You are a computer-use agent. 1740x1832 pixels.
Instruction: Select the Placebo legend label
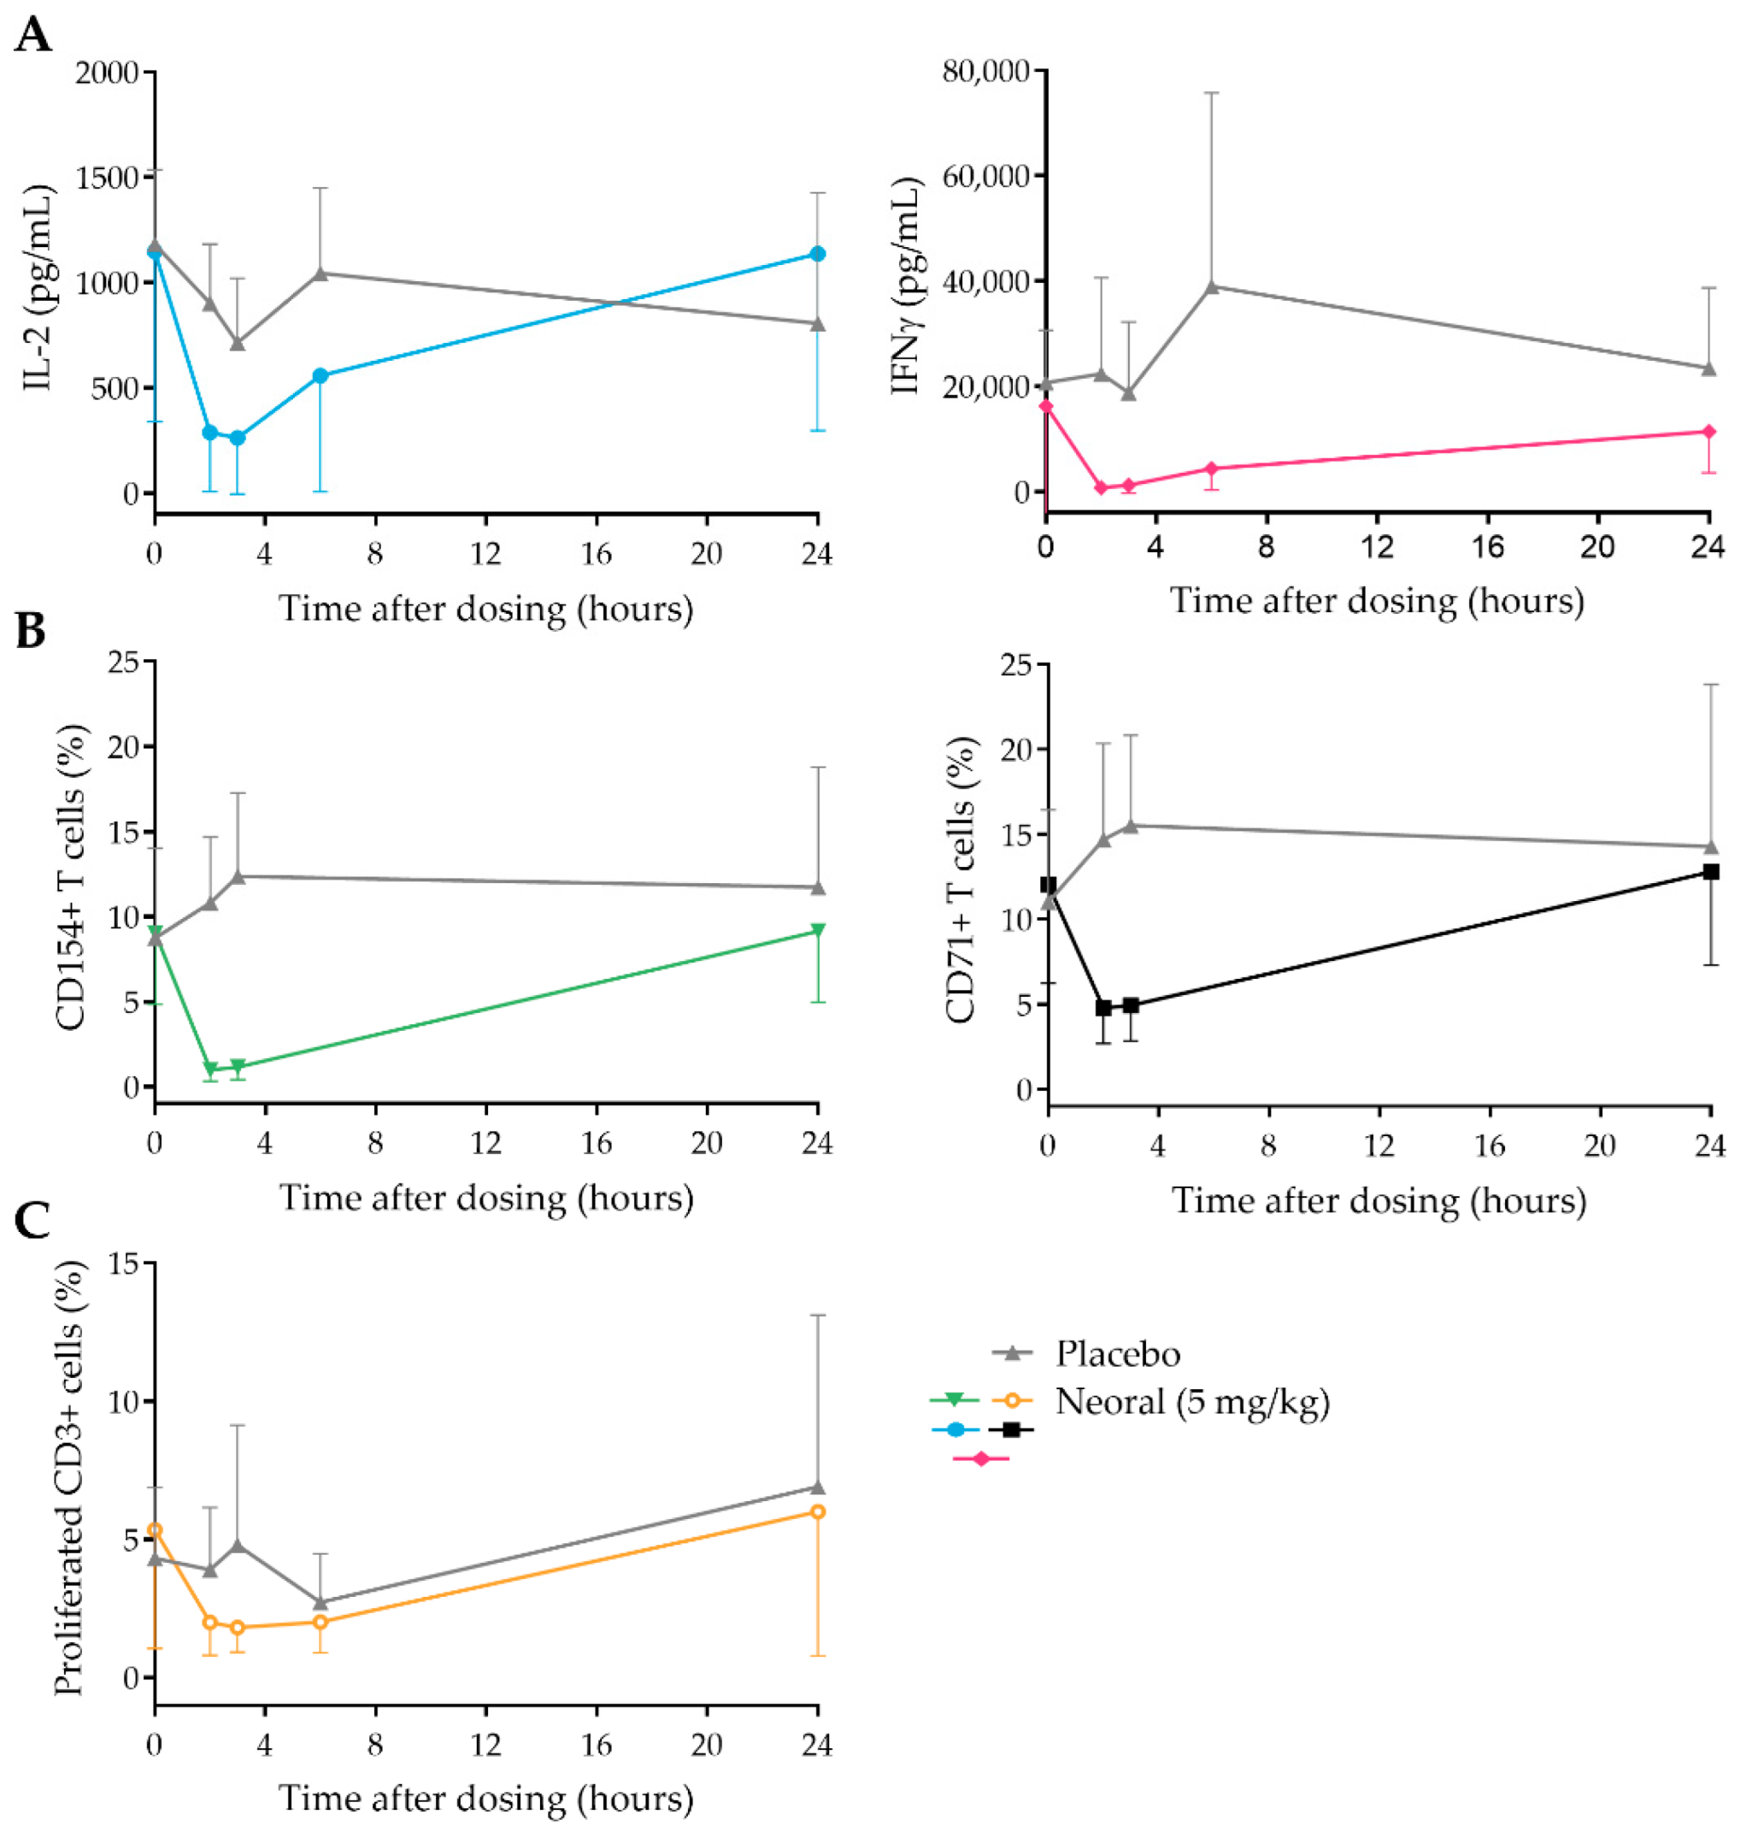point(1118,1354)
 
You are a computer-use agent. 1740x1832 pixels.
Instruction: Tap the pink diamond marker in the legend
point(981,1459)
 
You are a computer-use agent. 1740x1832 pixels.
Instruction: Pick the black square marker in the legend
point(1011,1429)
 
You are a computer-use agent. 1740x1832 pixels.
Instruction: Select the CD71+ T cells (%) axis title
point(961,880)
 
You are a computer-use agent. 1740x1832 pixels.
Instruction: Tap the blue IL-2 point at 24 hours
point(817,254)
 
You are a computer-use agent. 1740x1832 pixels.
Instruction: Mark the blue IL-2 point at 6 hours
point(320,375)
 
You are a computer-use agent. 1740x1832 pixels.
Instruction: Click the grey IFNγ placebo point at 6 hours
point(1211,286)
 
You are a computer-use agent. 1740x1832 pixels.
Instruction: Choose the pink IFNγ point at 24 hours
point(1709,432)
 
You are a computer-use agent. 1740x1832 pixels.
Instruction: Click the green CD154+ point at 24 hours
point(817,930)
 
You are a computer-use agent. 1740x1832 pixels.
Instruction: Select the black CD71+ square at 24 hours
point(1711,872)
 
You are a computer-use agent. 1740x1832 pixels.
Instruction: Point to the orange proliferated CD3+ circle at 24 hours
point(817,1512)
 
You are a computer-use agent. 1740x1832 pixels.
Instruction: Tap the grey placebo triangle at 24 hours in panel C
point(817,1487)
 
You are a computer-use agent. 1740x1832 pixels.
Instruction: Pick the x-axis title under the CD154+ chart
point(486,1198)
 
